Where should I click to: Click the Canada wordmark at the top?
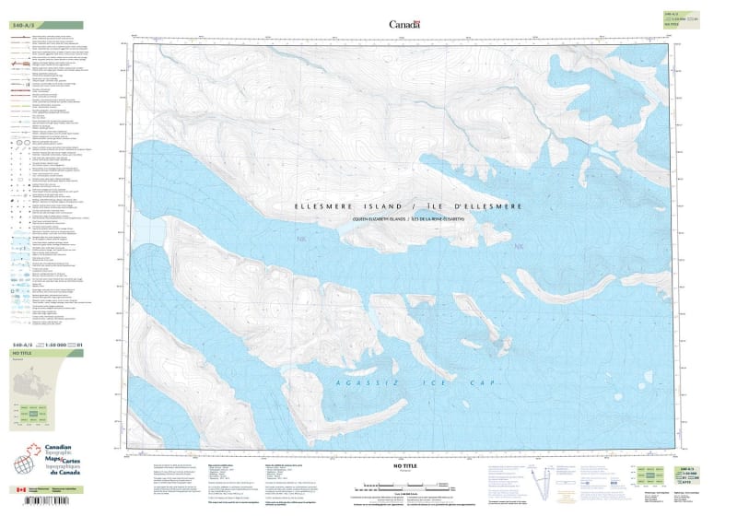pyautogui.click(x=404, y=25)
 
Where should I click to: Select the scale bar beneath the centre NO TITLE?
pyautogui.click(x=405, y=484)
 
